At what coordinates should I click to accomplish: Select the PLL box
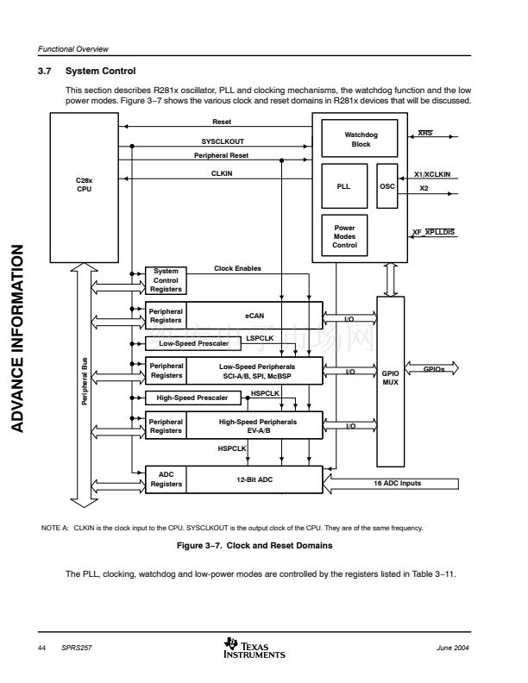(343, 185)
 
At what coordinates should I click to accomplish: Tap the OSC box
(387, 185)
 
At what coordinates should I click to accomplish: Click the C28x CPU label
(84, 185)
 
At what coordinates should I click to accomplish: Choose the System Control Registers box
(166, 280)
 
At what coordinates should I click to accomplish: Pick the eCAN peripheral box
(255, 315)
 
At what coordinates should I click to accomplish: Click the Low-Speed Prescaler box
(194, 343)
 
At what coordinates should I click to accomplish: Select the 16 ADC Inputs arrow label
(398, 483)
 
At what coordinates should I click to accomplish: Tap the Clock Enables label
(237, 268)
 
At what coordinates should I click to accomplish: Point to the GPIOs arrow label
(434, 369)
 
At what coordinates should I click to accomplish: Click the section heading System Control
(101, 71)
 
